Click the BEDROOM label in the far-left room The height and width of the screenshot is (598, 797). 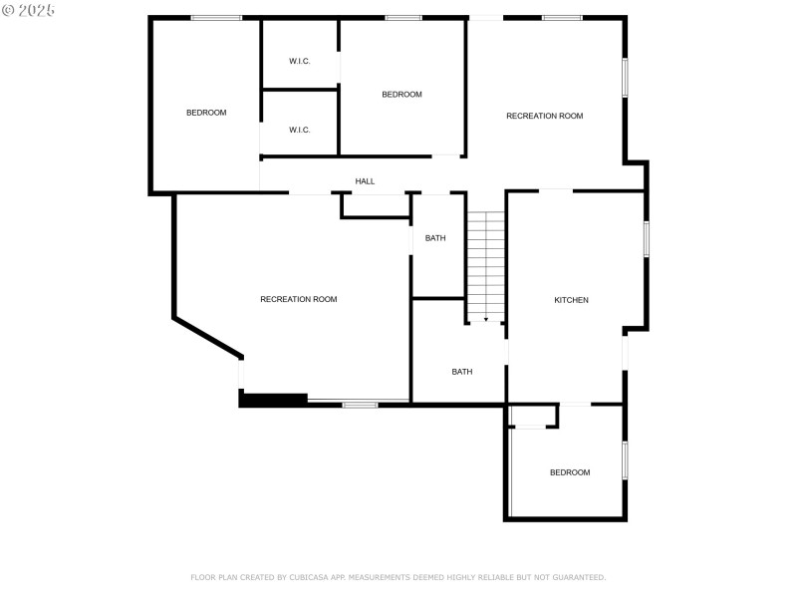(206, 113)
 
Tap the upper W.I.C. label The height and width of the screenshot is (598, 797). (300, 61)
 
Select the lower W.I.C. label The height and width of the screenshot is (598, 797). (300, 130)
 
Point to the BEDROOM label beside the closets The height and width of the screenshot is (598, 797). (401, 95)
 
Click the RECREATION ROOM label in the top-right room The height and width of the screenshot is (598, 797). (544, 116)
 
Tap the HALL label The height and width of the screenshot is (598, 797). (365, 181)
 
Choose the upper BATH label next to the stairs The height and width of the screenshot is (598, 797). (435, 238)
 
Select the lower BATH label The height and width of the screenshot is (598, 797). (462, 372)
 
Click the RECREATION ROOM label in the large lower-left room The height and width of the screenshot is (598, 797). (298, 299)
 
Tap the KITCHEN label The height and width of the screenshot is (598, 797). (571, 300)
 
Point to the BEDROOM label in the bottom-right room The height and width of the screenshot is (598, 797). (570, 472)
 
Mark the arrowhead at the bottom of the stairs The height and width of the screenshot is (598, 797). (486, 319)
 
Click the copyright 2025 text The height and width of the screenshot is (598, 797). (29, 9)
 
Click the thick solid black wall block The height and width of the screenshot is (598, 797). (274, 400)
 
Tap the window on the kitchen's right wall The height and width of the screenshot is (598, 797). (646, 239)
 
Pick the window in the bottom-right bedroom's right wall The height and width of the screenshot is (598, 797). (625, 460)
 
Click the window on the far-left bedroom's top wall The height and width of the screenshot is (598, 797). (216, 17)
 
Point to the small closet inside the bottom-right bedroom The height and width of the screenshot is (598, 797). (533, 416)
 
